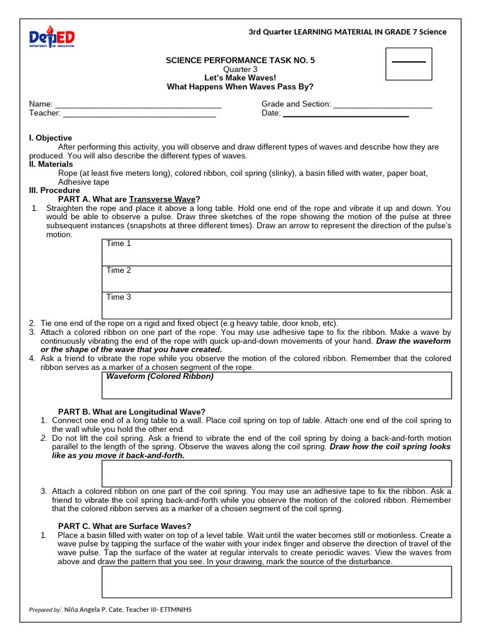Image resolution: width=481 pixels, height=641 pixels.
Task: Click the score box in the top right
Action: pos(408,63)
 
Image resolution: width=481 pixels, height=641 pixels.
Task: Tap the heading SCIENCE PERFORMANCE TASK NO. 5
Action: pos(240,60)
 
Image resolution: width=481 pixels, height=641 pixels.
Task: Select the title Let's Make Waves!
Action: pos(240,78)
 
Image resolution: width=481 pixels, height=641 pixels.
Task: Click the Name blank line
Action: pos(138,105)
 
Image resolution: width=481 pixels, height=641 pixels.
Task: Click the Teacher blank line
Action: pos(139,113)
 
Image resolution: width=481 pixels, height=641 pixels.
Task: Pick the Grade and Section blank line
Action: pos(382,105)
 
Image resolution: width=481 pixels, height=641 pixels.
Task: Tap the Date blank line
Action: pos(346,113)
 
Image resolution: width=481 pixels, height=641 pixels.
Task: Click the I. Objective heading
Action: pos(51,138)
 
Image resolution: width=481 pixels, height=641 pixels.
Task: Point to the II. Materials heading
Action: pos(51,164)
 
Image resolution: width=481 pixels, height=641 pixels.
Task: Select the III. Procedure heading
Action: pos(54,190)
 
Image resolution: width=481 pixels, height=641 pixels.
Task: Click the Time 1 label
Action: pos(119,244)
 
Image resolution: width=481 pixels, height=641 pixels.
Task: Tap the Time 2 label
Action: pos(119,270)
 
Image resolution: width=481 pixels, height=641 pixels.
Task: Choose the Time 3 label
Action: pos(119,297)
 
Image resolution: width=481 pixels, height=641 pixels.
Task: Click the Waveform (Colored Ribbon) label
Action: pos(160,376)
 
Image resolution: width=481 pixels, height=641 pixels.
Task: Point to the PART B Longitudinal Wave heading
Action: pos(132,411)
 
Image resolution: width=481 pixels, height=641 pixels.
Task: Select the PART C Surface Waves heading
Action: pos(125,526)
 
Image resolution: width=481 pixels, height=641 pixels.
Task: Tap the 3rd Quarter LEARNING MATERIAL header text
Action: pos(348,32)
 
